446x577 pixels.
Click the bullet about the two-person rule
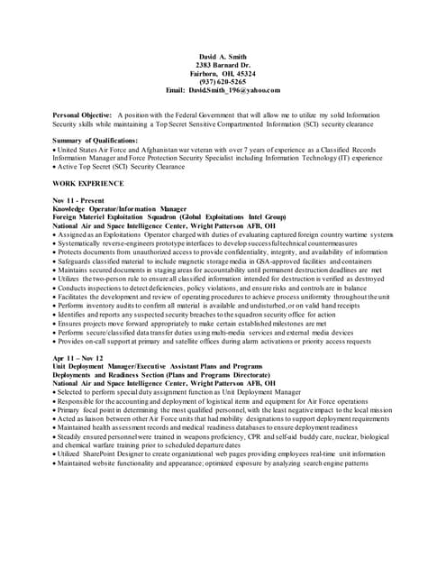[x=207, y=279]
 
